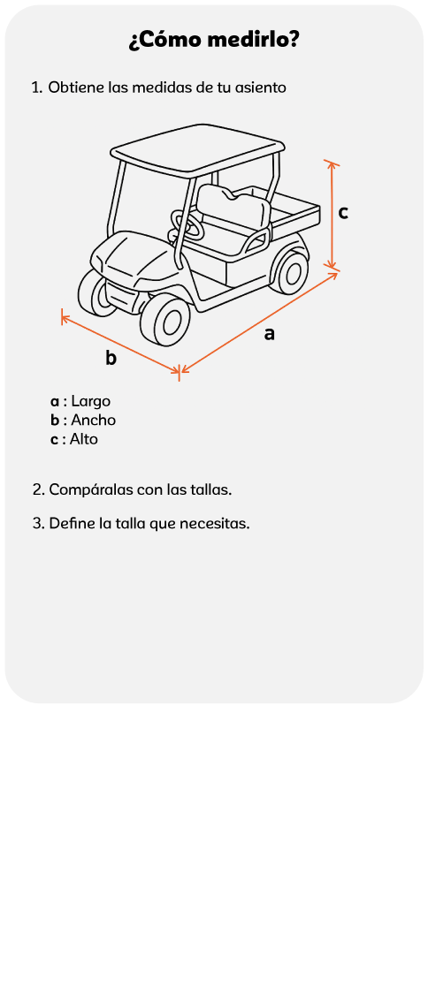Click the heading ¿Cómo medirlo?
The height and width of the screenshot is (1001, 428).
214,41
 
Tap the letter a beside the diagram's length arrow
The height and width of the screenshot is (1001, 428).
270,333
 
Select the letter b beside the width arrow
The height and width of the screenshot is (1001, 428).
111,358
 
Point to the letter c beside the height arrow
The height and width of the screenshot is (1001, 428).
343,213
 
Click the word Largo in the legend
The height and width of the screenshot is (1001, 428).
91,401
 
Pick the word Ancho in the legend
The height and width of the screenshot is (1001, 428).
93,420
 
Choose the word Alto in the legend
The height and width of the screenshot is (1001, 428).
84,439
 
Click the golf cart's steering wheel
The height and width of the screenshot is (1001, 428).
186,227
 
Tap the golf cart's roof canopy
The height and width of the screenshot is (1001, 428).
197,149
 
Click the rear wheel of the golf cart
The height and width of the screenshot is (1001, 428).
290,271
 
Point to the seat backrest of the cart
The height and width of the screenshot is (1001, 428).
232,203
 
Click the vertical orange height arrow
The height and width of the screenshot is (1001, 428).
331,215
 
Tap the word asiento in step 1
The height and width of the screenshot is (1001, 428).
261,87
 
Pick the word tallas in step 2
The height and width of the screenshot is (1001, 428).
213,490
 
